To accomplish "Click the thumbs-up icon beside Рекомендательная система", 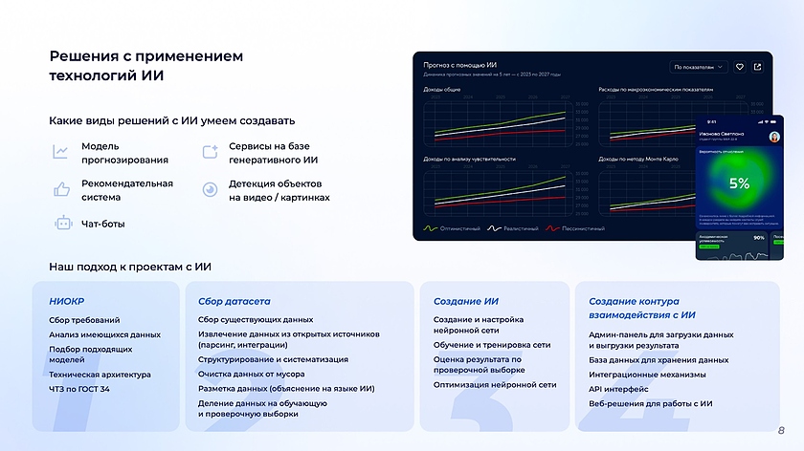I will [62, 189].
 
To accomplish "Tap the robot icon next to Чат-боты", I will [63, 224].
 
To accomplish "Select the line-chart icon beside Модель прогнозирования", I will [61, 152].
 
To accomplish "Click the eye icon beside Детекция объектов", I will [210, 189].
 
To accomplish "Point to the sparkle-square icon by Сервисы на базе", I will [210, 152].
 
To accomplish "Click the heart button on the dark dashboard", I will [739, 67].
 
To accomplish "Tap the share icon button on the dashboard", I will [758, 67].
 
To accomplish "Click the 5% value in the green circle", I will [738, 183].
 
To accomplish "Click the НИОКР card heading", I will [67, 301].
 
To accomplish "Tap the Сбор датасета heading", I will [234, 301].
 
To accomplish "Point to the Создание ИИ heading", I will [466, 301].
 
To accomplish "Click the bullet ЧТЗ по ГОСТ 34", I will [79, 389].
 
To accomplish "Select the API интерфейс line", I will [618, 389].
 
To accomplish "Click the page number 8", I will [781, 430].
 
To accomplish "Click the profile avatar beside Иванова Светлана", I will [773, 137].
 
